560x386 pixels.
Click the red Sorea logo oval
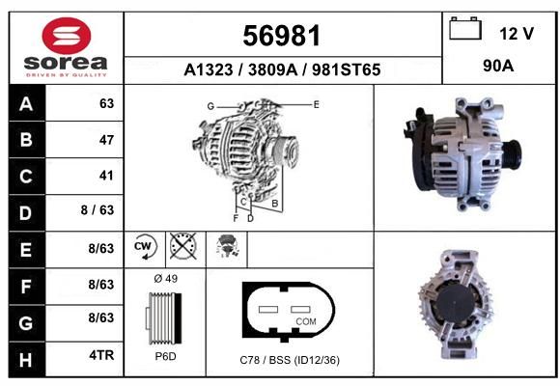[x=67, y=36]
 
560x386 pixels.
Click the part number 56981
[x=281, y=36]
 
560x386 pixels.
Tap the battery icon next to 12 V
[x=465, y=29]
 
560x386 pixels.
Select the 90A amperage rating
[x=498, y=66]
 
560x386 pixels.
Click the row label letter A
[x=26, y=104]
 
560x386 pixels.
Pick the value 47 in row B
[x=106, y=140]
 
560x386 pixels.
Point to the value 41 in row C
[x=106, y=176]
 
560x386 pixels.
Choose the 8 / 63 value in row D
[x=98, y=210]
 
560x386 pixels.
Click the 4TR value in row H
[x=101, y=355]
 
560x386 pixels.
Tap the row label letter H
[x=26, y=360]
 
